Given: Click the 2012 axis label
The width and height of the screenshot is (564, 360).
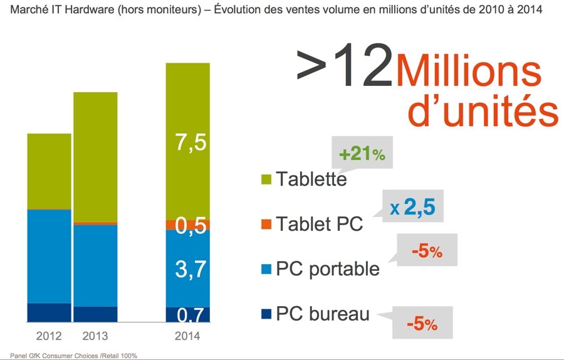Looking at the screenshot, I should tap(50, 336).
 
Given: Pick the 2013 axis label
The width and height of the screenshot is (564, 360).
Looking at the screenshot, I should tap(95, 336).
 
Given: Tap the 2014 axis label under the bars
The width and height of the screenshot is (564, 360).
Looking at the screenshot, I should tap(187, 336).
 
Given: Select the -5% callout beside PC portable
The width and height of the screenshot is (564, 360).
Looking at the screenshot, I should tap(427, 252).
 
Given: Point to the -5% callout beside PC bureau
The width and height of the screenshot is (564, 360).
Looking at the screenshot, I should tap(421, 325).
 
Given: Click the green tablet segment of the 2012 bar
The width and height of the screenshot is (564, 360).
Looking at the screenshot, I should tap(50, 171).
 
